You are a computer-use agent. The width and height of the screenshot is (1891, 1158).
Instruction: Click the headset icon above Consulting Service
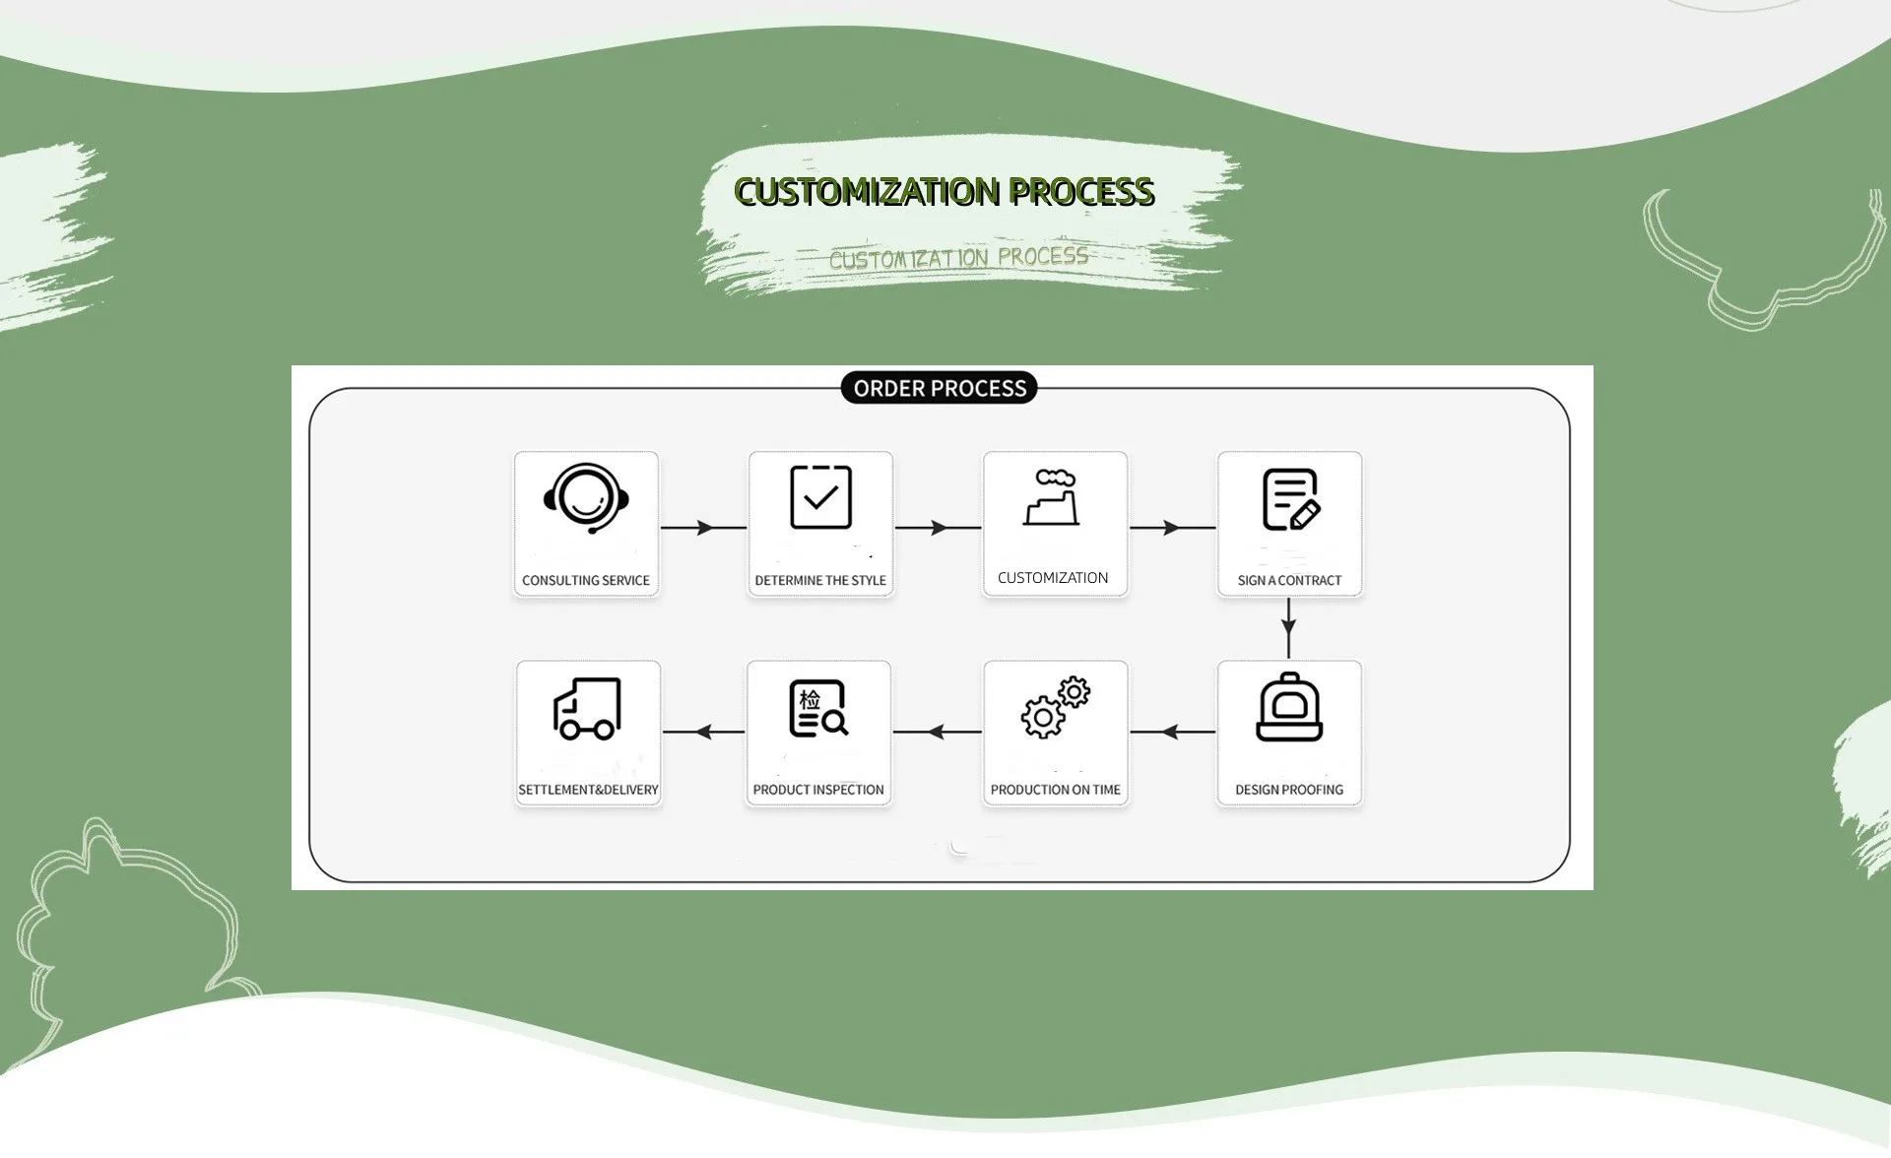(x=586, y=498)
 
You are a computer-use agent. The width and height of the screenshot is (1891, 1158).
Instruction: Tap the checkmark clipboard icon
(x=820, y=497)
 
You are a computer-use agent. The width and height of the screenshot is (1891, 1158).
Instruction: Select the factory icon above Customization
(x=1053, y=497)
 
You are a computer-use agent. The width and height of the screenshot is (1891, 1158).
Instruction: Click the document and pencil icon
(x=1290, y=499)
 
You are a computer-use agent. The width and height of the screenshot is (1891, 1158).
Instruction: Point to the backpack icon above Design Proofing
(x=1289, y=708)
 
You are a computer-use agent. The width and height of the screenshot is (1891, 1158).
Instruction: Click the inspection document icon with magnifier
(x=818, y=708)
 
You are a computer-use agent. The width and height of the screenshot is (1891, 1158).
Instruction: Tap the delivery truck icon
(x=587, y=708)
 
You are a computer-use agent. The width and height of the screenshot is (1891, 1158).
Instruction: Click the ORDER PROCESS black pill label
(x=940, y=388)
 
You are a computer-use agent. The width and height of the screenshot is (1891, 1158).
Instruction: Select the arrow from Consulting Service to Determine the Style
(x=703, y=528)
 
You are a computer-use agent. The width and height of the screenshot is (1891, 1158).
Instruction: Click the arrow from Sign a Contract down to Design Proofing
(x=1289, y=627)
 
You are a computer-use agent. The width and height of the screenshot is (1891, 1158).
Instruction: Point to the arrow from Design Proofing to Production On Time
(x=1172, y=732)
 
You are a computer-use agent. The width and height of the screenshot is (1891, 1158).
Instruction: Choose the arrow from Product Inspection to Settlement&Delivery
(x=703, y=732)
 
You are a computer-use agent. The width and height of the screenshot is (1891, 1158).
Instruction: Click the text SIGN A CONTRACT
(x=1289, y=580)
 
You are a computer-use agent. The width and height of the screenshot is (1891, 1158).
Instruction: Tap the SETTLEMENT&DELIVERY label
(x=588, y=790)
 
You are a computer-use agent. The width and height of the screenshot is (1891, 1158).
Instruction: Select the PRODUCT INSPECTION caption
(x=818, y=790)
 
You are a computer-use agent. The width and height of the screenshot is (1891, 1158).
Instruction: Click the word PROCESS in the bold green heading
(x=1081, y=192)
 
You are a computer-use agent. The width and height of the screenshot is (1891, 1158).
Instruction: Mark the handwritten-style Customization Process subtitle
(x=958, y=258)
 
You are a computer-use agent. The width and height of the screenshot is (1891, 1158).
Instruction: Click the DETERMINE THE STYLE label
(x=820, y=580)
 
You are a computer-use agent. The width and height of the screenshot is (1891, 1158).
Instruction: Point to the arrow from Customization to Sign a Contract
(x=1172, y=528)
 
